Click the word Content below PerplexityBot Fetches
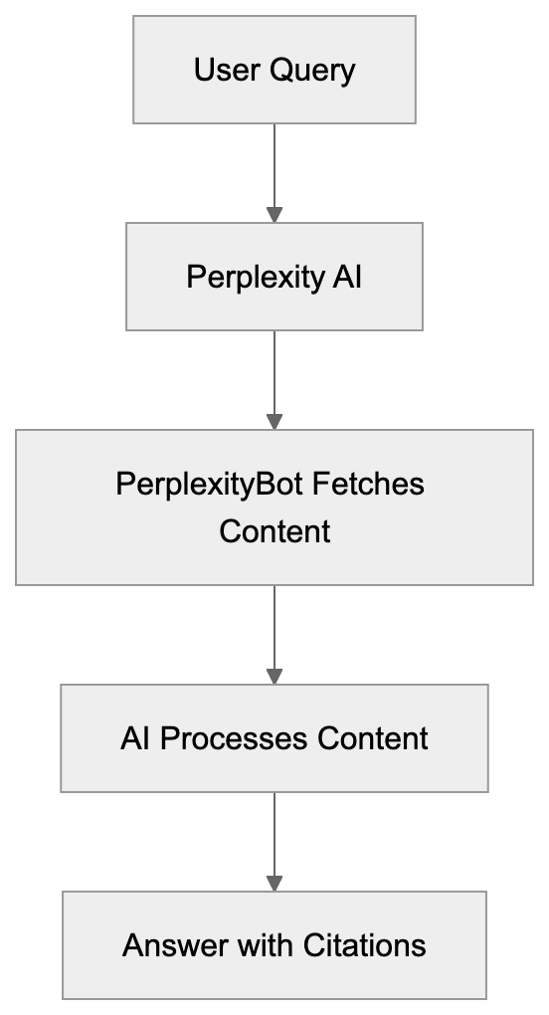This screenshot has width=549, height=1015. click(x=274, y=531)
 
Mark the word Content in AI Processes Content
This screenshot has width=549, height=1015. click(x=373, y=738)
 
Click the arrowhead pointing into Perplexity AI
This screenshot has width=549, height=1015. click(x=274, y=215)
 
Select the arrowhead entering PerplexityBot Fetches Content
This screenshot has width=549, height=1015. click(x=274, y=422)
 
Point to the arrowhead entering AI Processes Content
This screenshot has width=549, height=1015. click(x=274, y=677)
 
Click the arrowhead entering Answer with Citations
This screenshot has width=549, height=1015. click(x=274, y=884)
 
